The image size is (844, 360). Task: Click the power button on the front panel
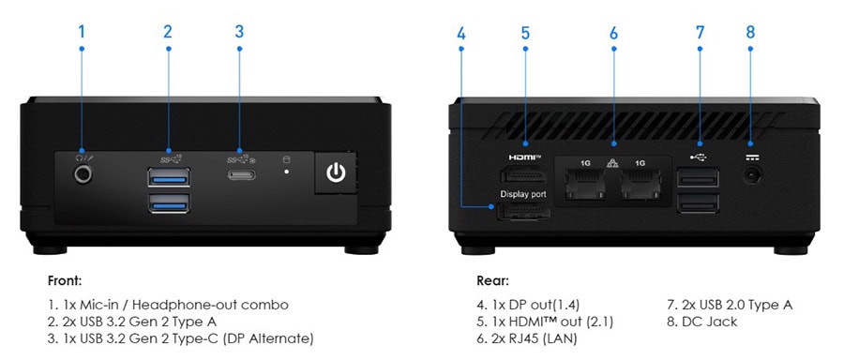click(336, 173)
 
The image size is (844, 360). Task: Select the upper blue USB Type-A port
click(168, 175)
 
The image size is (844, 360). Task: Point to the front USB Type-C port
click(240, 175)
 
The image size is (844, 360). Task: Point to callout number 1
click(82, 32)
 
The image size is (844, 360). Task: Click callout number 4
click(461, 32)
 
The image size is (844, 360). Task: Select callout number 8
click(750, 32)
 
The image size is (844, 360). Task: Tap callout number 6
click(613, 32)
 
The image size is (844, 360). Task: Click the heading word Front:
click(64, 280)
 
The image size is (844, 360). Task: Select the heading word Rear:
click(492, 280)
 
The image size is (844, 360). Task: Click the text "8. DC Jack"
click(701, 322)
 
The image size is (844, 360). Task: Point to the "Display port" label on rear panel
click(523, 195)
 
